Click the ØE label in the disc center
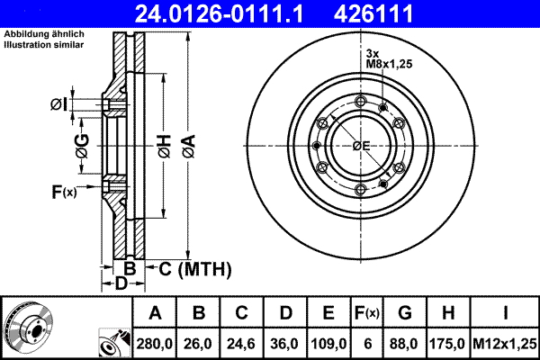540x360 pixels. point(361,146)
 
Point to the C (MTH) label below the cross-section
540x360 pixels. point(195,268)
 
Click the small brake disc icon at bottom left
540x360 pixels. point(28,324)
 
